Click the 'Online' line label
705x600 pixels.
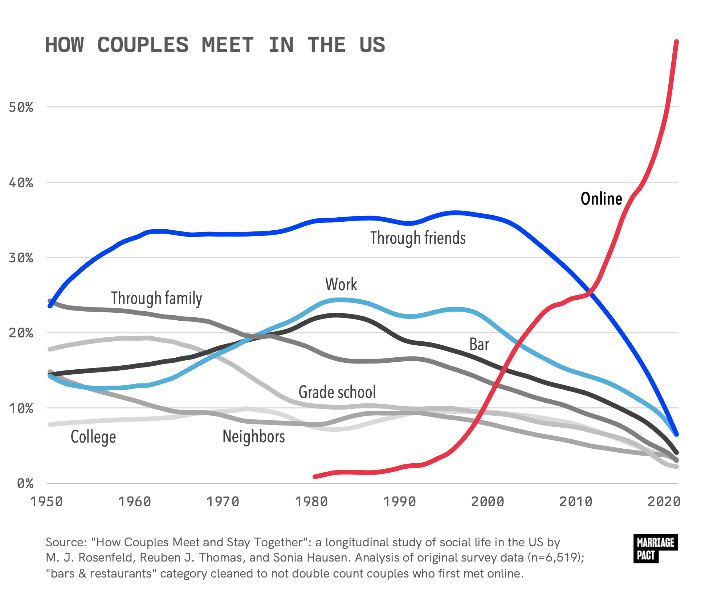click(601, 199)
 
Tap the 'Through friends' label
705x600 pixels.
click(418, 238)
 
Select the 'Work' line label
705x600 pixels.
click(341, 284)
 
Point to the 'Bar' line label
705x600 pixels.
click(479, 344)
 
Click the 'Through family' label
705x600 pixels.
click(156, 298)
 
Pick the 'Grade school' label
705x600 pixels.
click(337, 392)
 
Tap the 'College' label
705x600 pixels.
click(93, 437)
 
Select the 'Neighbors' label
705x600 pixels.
click(253, 436)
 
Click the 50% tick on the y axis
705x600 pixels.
click(21, 107)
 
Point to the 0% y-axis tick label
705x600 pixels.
click(25, 484)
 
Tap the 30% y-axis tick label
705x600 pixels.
click(21, 258)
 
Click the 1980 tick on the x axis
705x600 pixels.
click(311, 502)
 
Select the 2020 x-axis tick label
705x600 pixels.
click(664, 502)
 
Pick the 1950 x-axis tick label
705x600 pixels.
click(46, 502)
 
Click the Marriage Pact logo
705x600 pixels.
click(655, 548)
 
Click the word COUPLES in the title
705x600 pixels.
click(143, 45)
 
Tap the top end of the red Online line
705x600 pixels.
click(676, 42)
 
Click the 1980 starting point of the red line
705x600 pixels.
click(315, 476)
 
